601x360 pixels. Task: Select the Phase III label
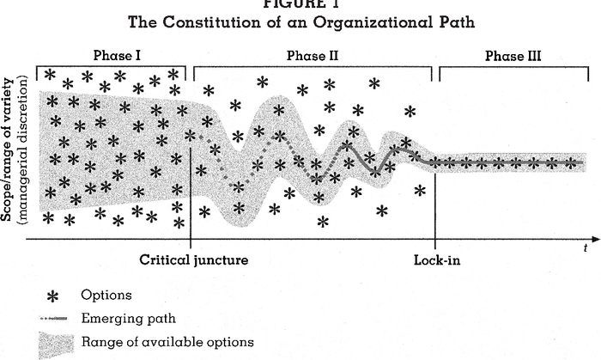pyautogui.click(x=512, y=57)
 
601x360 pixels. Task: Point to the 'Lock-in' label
pyautogui.click(x=437, y=259)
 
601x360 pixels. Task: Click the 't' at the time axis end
pyautogui.click(x=582, y=247)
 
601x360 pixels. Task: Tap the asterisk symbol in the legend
pyautogui.click(x=53, y=296)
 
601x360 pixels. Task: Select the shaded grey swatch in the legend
pyautogui.click(x=53, y=342)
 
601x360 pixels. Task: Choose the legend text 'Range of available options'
pyautogui.click(x=167, y=342)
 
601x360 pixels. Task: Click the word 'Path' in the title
pyautogui.click(x=455, y=20)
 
